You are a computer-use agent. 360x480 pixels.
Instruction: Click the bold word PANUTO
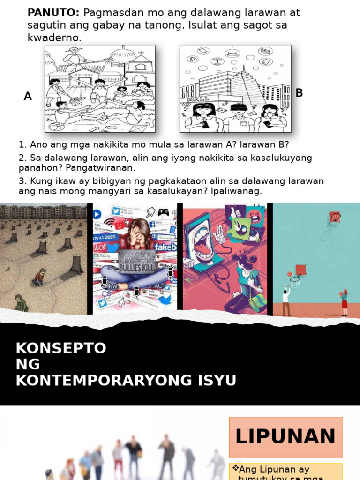pyautogui.click(x=53, y=13)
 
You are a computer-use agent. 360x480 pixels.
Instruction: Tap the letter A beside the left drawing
pyautogui.click(x=28, y=97)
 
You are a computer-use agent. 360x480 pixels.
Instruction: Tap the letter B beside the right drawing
pyautogui.click(x=299, y=93)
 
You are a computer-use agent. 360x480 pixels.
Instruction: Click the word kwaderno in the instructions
pyautogui.click(x=54, y=38)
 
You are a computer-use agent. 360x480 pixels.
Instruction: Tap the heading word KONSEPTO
pyautogui.click(x=61, y=348)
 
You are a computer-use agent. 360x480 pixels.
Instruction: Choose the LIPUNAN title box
pyautogui.click(x=285, y=437)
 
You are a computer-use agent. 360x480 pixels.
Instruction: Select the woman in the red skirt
pyautogui.click(x=345, y=302)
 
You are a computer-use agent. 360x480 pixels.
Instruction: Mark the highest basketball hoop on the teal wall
pyautogui.click(x=335, y=217)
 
